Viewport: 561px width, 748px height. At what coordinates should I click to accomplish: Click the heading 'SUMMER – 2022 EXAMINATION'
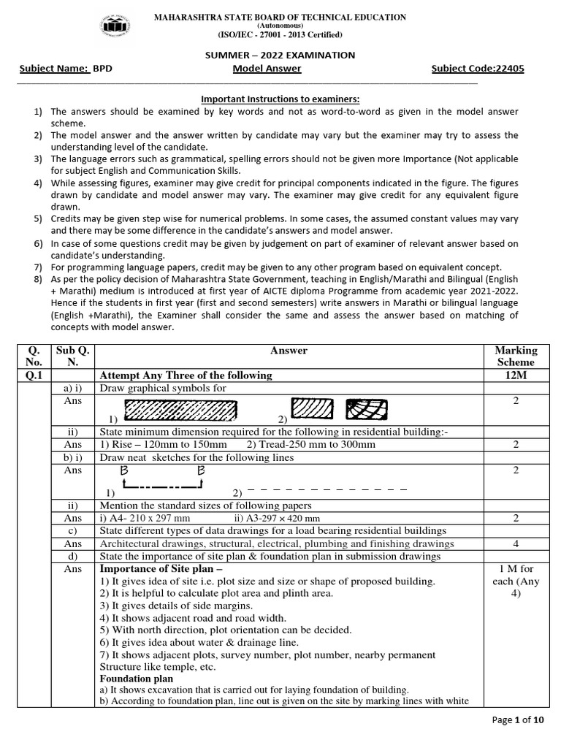(280, 55)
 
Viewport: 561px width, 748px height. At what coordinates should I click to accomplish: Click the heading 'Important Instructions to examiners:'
(280, 99)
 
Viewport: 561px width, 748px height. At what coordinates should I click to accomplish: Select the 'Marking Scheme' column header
(516, 356)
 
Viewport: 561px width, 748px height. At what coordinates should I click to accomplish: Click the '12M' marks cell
(516, 375)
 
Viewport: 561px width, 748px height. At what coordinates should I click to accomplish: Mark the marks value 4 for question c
(516, 543)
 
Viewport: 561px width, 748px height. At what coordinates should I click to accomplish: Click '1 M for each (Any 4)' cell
(516, 581)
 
